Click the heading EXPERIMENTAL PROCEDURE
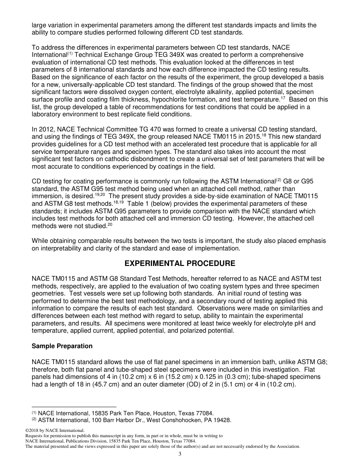tap(180, 263)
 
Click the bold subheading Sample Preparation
tap(62, 346)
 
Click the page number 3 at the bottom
tap(180, 454)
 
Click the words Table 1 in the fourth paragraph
tap(138, 203)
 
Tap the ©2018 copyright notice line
tap(54, 431)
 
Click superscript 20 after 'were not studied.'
tap(110, 225)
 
